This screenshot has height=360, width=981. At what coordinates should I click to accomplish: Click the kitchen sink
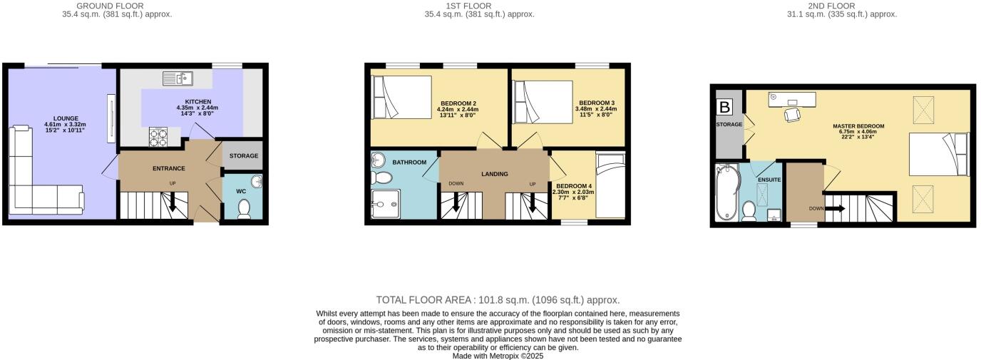174,78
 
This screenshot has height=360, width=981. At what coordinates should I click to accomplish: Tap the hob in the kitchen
157,135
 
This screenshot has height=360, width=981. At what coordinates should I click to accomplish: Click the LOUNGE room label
66,118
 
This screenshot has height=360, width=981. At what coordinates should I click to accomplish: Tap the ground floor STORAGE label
243,156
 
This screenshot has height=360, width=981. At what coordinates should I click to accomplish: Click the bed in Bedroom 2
401,97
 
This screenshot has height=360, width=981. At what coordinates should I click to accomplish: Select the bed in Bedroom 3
543,103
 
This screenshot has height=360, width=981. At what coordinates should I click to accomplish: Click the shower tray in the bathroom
386,203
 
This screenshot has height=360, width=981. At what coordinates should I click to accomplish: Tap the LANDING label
494,174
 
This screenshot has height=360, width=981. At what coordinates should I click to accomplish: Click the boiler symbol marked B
725,108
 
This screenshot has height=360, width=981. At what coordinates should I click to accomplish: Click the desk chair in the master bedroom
792,114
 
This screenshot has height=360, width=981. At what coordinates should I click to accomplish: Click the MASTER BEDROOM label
858,126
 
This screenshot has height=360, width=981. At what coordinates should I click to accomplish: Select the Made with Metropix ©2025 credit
498,355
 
